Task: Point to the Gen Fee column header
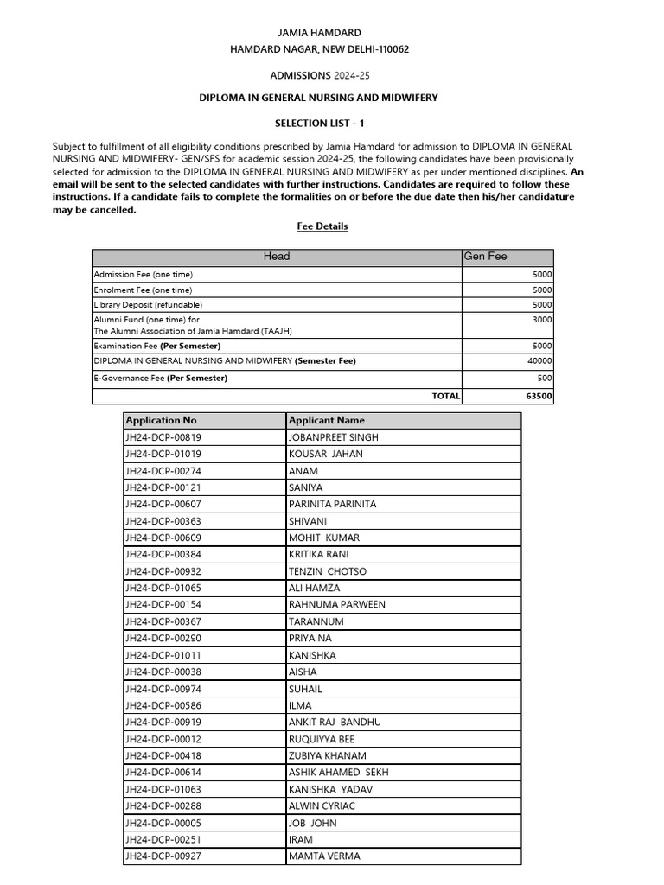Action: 485,257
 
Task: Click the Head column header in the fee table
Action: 277,257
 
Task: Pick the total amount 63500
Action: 539,397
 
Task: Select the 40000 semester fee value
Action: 539,361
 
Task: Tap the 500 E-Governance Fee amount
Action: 545,379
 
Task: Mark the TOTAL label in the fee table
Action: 446,397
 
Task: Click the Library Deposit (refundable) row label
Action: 148,305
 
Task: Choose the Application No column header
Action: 161,421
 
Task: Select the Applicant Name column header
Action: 326,421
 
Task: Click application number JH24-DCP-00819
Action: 169,437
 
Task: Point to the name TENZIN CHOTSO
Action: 327,571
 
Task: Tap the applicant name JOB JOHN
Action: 312,823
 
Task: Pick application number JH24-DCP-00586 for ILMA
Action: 169,705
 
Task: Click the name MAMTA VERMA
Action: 324,856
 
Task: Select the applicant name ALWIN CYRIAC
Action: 322,806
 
